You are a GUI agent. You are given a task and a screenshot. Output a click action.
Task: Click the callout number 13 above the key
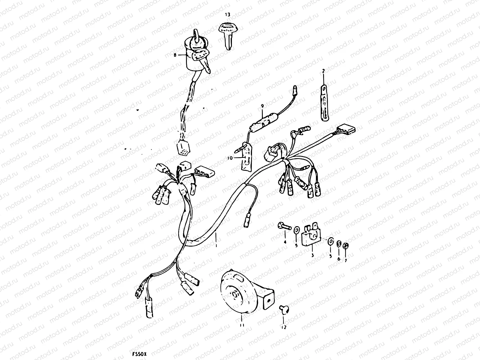tap(228, 14)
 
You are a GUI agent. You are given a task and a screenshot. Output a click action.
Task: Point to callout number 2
tap(323, 71)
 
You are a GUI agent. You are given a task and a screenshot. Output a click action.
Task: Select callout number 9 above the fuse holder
tap(262, 106)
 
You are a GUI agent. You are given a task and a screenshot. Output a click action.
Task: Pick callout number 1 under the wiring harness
tap(216, 245)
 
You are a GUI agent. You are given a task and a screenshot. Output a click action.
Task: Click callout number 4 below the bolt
tap(285, 242)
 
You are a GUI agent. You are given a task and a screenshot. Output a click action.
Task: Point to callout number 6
tap(339, 259)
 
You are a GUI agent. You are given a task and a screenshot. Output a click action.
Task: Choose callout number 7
tap(345, 260)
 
